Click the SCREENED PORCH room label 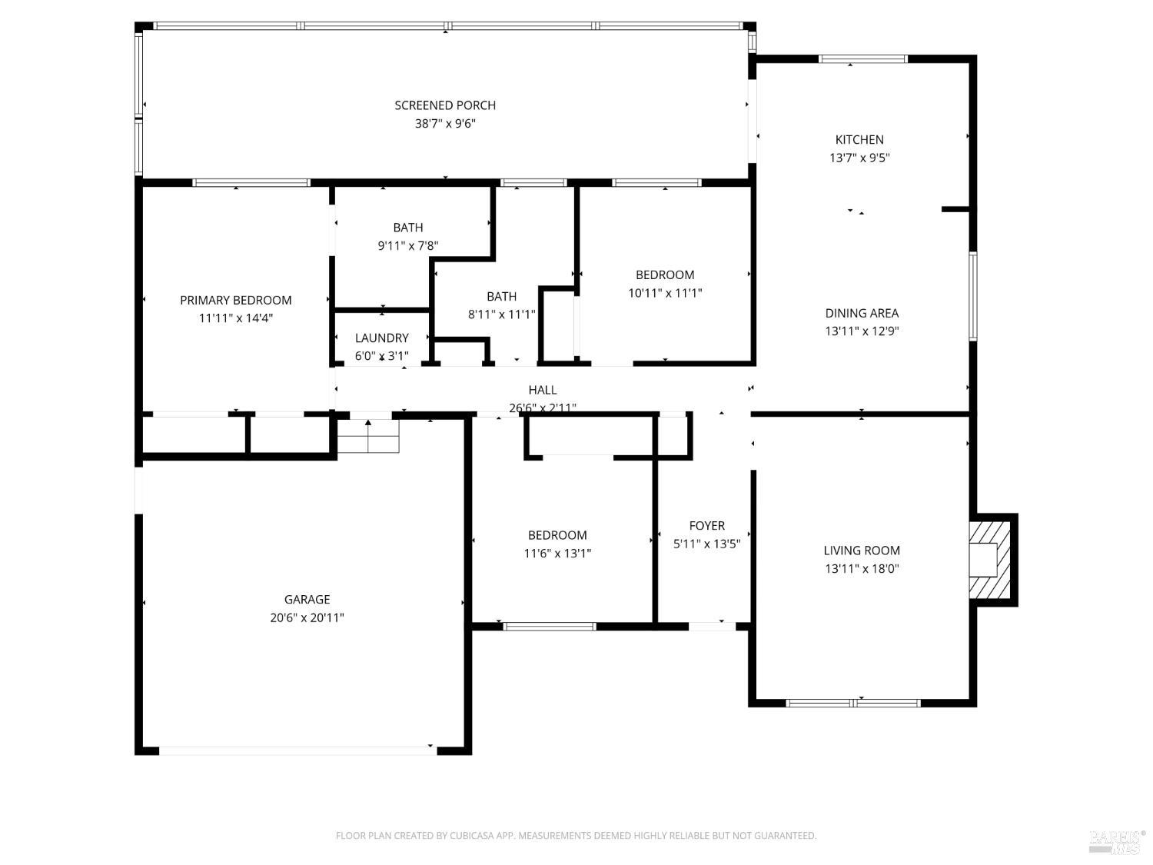coord(445,105)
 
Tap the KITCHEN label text coord(859,139)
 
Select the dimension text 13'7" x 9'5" coord(859,158)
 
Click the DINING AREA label coord(862,313)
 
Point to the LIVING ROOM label coord(862,551)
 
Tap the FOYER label coord(706,526)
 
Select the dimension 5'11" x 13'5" coord(706,544)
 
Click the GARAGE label coord(307,600)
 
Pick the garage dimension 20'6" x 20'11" coord(307,617)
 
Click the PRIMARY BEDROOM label coord(236,301)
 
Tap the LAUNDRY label coord(382,338)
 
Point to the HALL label coord(543,390)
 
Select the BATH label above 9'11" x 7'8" coord(408,228)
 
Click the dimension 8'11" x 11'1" coord(501,314)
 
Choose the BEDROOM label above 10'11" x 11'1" coord(665,275)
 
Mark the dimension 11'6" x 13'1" coord(557,554)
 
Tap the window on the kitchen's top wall coord(862,59)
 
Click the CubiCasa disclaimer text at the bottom coord(576,836)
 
